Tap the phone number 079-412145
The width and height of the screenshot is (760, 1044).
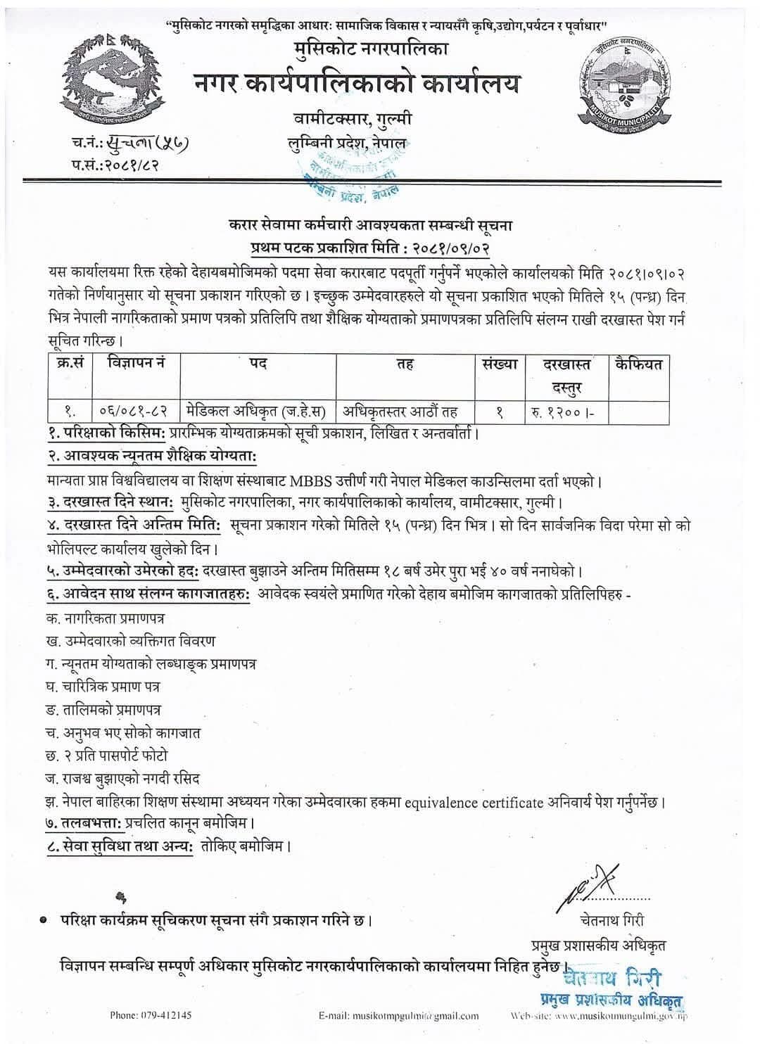[x=151, y=1015]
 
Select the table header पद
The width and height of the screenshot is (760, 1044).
[x=258, y=364]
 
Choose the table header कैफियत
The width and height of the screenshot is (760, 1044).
[x=638, y=364]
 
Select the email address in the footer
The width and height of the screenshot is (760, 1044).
[x=398, y=1015]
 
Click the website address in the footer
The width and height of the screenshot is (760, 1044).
[x=598, y=1016]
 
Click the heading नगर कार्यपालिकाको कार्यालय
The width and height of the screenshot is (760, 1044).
[x=357, y=84]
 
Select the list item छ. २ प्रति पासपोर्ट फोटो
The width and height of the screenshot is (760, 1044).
[x=105, y=756]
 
